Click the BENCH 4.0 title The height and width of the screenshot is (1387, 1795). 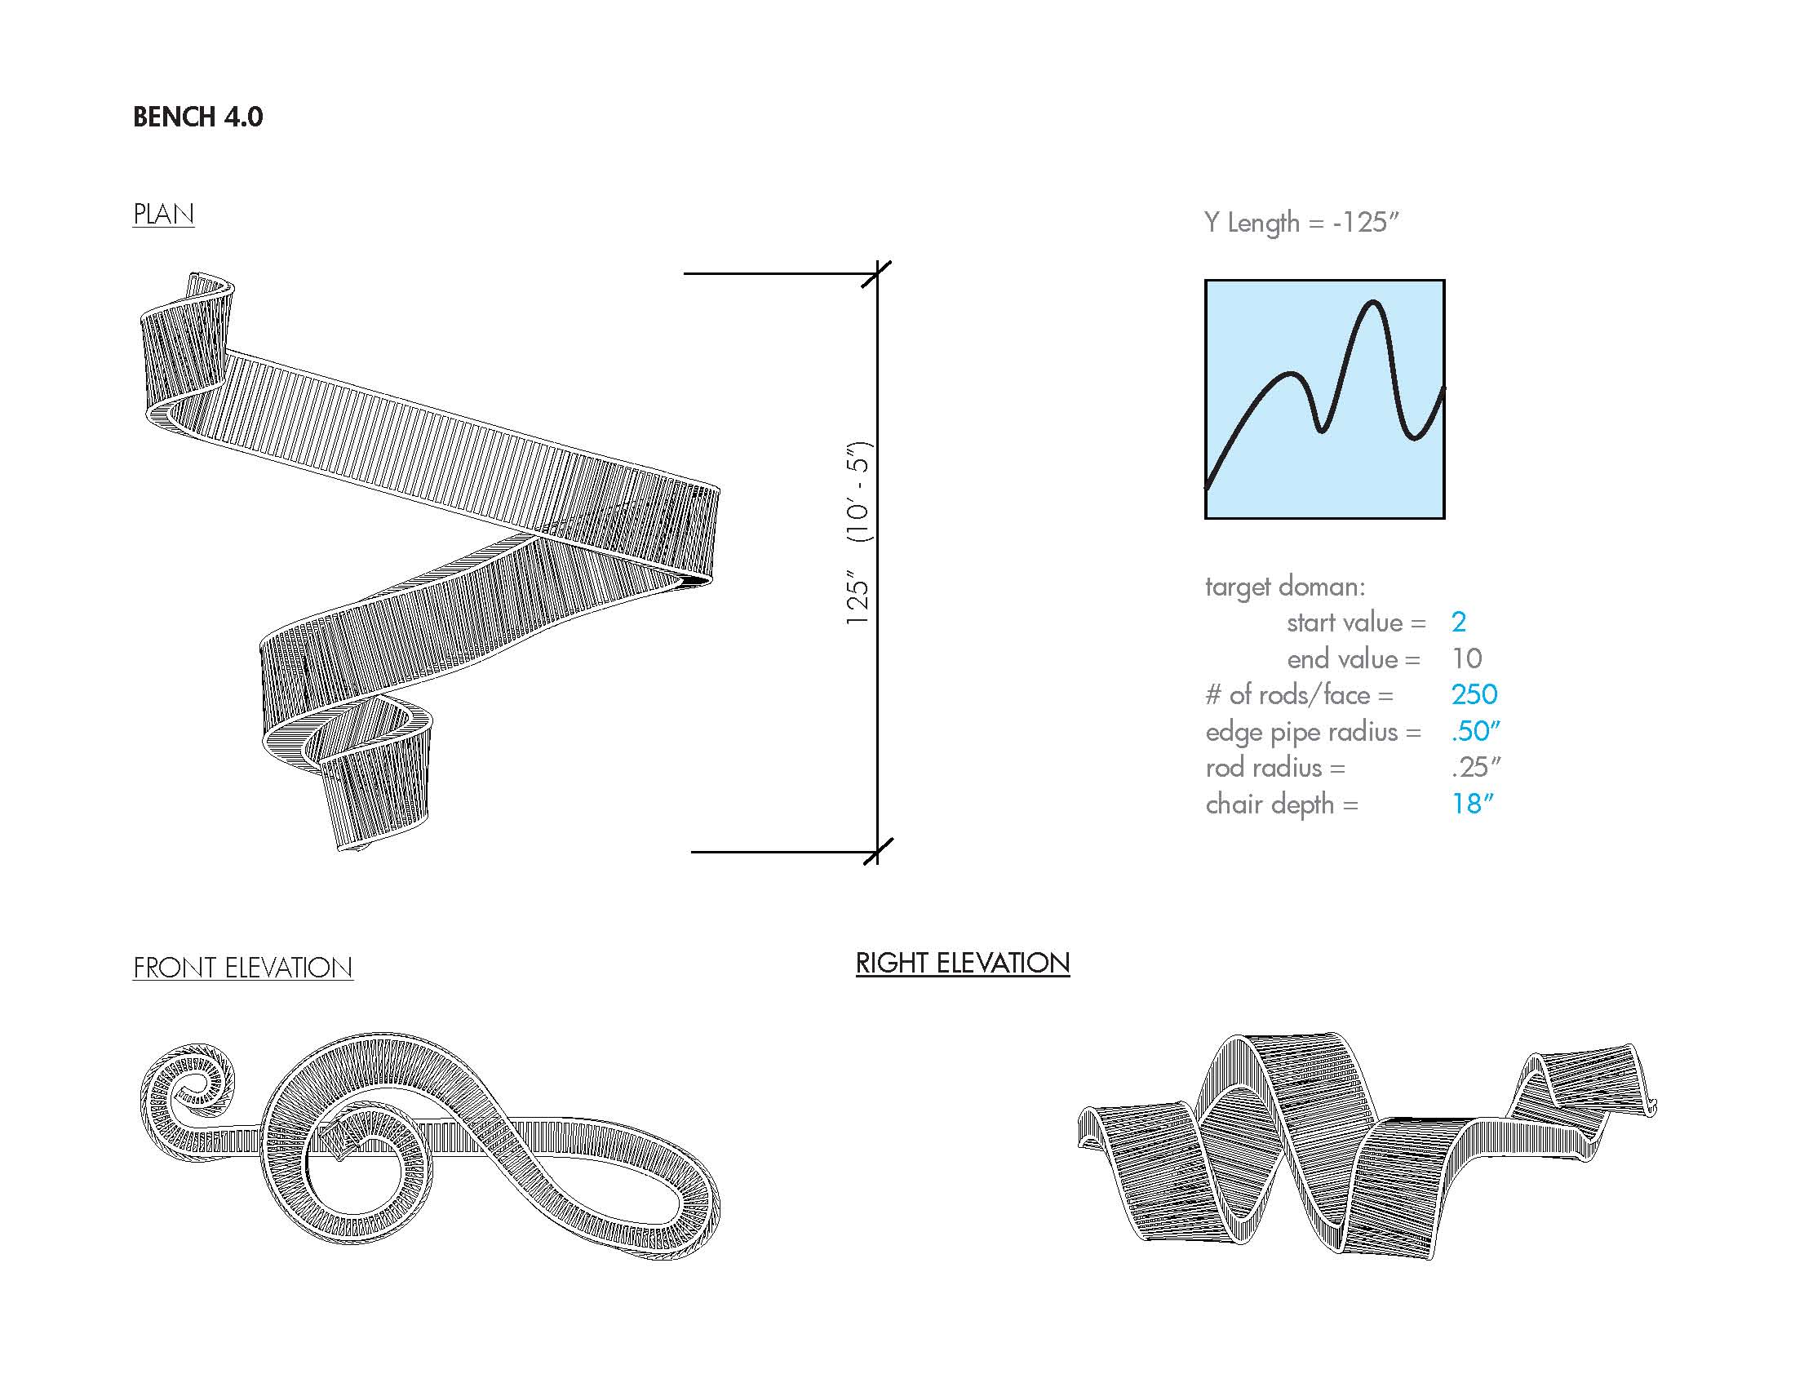pos(198,117)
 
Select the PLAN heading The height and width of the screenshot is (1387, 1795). pos(163,215)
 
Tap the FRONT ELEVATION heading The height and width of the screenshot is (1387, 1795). pos(243,967)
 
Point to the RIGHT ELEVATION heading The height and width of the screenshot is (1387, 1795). pos(963,962)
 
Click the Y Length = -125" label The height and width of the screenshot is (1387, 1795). pos(1302,223)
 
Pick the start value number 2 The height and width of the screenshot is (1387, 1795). pos(1459,622)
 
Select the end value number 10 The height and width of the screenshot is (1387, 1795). pos(1467,658)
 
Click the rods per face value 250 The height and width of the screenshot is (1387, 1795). pos(1474,694)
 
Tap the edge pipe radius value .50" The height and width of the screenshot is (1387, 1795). pos(1476,730)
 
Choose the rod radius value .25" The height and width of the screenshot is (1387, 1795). pos(1476,767)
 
